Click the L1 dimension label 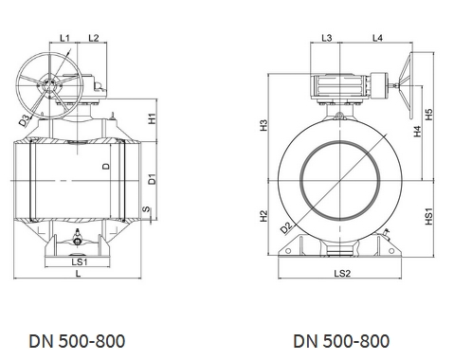[64, 38]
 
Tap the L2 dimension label [94, 38]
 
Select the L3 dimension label [327, 38]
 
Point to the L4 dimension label [377, 38]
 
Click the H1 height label [153, 118]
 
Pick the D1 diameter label [153, 179]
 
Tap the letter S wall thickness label [146, 209]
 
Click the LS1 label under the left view [80, 261]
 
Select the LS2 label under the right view [342, 273]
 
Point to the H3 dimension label [263, 125]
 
